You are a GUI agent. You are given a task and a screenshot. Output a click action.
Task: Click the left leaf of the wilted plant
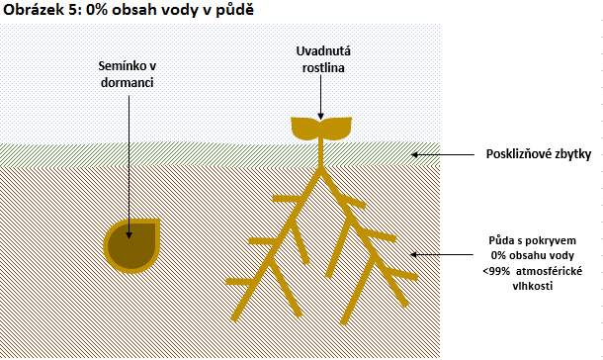[x=305, y=128]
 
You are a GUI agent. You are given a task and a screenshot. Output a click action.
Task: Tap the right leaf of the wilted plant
[x=337, y=128]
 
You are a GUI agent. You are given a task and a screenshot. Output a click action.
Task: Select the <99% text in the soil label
[x=500, y=269]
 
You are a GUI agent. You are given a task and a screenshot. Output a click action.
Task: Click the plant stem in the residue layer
[x=321, y=154]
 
